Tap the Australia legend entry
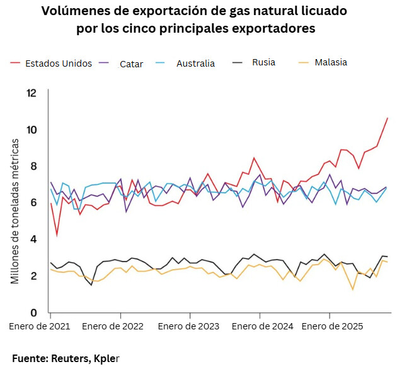click(x=195, y=63)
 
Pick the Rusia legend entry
click(x=263, y=62)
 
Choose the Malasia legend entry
click(x=331, y=62)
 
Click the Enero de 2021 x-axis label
click(x=39, y=327)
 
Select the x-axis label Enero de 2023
click(x=188, y=327)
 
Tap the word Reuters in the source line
click(x=71, y=358)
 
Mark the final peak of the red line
click(x=387, y=118)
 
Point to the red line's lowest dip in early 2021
click(x=57, y=236)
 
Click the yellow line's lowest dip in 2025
click(x=353, y=290)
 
